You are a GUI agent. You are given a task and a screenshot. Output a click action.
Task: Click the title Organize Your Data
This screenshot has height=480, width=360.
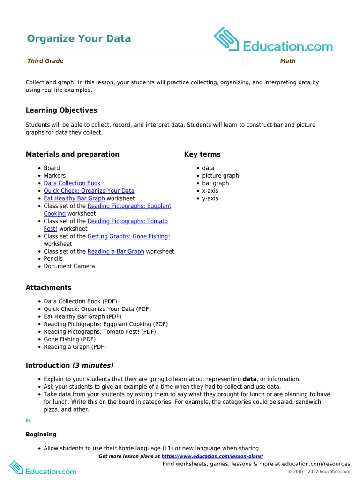point(79,38)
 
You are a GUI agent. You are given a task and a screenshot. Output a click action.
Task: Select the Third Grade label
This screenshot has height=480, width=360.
point(45,61)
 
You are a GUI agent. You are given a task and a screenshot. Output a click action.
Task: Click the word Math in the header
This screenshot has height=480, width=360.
point(288,61)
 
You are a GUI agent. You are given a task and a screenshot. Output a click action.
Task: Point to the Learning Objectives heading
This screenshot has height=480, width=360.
point(61,110)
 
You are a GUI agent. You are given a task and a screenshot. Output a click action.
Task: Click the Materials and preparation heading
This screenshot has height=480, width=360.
point(73,154)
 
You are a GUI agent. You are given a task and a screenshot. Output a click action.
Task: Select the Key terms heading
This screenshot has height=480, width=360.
point(202,154)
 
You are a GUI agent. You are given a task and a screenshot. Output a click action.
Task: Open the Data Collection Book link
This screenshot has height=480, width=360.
point(72,183)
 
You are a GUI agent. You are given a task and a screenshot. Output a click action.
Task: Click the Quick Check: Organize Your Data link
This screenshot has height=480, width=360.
point(89,191)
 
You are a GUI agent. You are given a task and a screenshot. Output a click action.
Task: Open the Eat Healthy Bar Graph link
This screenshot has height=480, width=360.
point(74,198)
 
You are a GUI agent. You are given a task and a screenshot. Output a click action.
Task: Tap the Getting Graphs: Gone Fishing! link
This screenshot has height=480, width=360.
point(129,236)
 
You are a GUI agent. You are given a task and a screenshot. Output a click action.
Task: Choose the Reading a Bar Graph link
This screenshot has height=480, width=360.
point(116,251)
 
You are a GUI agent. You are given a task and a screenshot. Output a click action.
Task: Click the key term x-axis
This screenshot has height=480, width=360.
point(210,191)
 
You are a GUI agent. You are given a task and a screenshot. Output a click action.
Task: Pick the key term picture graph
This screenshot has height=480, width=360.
point(220,176)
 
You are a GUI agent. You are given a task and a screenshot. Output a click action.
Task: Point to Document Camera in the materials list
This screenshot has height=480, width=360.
point(69,266)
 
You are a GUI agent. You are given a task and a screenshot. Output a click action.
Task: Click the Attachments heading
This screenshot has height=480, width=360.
point(49,288)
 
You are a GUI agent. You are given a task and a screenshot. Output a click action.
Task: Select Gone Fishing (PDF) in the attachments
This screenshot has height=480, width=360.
point(69,339)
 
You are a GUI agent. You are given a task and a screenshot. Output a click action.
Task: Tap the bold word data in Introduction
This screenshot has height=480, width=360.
point(249,379)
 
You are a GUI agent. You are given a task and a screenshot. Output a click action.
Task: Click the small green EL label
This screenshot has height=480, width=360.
point(29,421)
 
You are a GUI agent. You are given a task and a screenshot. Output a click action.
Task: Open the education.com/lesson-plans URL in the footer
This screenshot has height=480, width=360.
point(212,456)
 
